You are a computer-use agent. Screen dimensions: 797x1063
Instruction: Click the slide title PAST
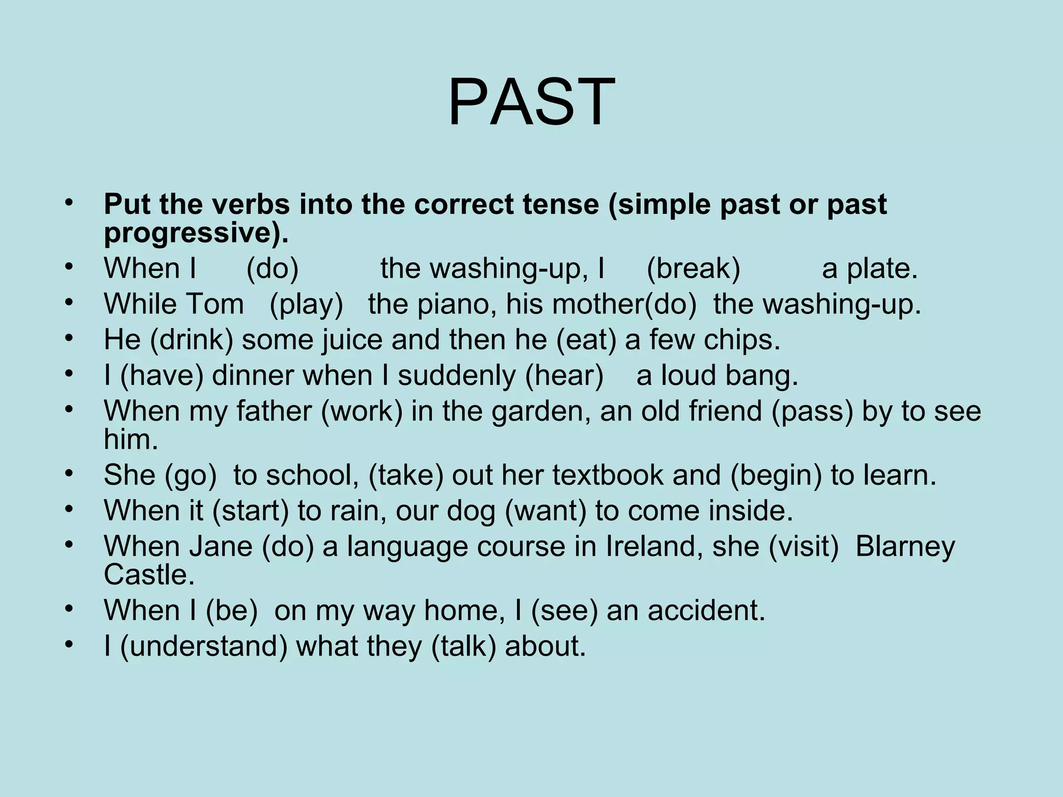[x=531, y=102]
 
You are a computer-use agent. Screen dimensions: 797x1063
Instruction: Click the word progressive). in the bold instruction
[x=196, y=233]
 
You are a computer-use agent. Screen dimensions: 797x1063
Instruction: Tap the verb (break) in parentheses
[x=693, y=269]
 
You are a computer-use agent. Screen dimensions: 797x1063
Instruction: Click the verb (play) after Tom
[x=306, y=304]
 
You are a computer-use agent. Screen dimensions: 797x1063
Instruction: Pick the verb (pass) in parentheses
[x=812, y=411]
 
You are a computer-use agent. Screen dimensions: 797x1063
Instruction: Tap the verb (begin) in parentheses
[x=776, y=475]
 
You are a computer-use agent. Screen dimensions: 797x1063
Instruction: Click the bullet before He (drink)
[x=70, y=338]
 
